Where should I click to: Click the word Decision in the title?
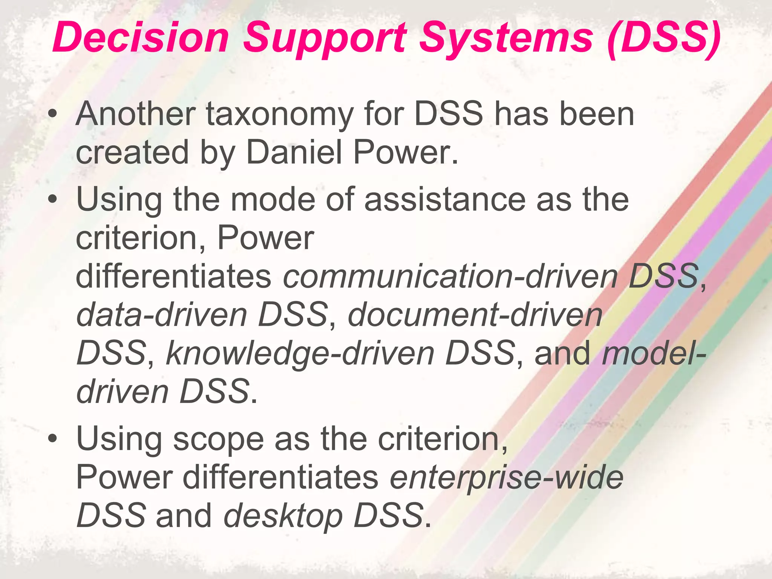coord(141,38)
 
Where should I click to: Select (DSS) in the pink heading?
coord(664,38)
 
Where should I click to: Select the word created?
coord(132,152)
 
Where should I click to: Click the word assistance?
coord(445,199)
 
